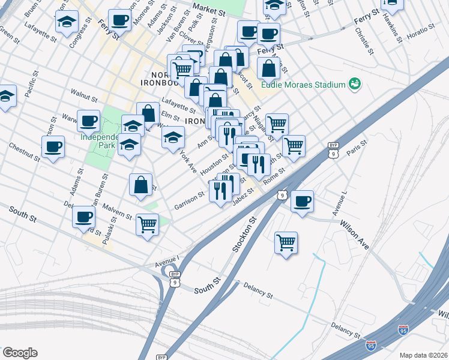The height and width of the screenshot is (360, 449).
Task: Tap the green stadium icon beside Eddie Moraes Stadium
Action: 355,83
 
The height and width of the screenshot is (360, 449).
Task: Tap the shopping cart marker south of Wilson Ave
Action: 286,242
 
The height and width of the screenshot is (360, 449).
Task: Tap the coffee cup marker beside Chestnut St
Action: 53,146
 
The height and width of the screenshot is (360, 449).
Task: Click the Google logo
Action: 20,353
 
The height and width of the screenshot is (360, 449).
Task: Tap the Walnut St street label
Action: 83,94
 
